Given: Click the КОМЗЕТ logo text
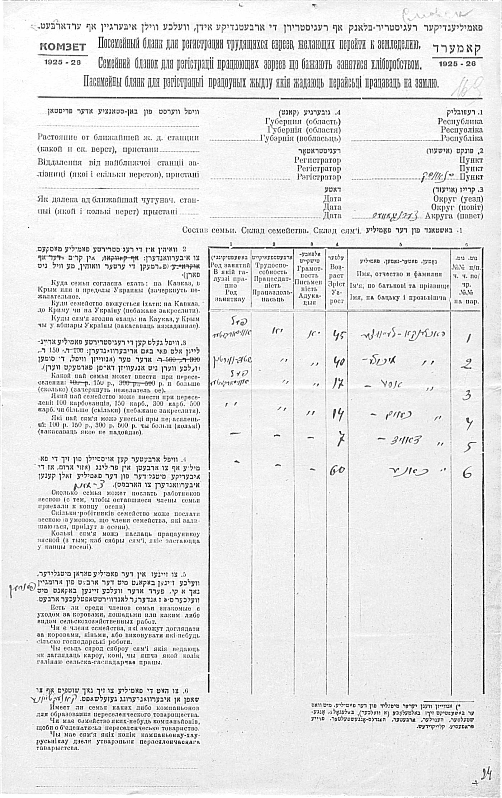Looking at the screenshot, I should coord(63,47).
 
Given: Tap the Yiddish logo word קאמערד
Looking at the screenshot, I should coord(456,48).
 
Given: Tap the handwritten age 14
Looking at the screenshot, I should coord(337,415).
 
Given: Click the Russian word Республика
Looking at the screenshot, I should coord(460,121).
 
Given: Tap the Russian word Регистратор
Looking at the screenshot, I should coord(317,160).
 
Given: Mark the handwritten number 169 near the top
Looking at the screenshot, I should coord(467,86).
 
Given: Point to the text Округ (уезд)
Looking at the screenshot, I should coord(458,199).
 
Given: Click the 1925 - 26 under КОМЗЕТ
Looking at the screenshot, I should coord(63,62).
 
